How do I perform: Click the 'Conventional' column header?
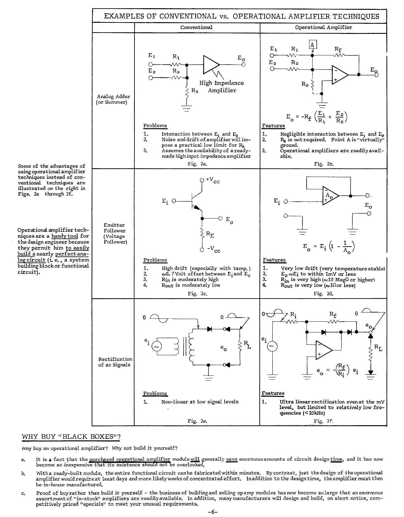[x=196, y=27]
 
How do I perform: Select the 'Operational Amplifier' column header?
[x=323, y=27]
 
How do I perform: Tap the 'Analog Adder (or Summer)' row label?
[x=113, y=99]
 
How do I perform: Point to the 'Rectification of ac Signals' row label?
[x=115, y=362]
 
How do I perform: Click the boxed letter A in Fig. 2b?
[x=313, y=44]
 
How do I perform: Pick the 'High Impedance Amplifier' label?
[x=221, y=86]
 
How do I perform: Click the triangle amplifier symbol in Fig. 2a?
[x=211, y=65]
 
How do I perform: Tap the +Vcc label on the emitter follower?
[x=213, y=180]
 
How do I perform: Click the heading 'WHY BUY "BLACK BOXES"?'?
[x=71, y=437]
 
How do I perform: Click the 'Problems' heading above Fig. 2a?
[x=155, y=126]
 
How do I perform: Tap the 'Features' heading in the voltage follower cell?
[x=274, y=260]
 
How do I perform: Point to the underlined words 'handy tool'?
[x=65, y=236]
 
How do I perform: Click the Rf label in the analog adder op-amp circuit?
[x=338, y=49]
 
